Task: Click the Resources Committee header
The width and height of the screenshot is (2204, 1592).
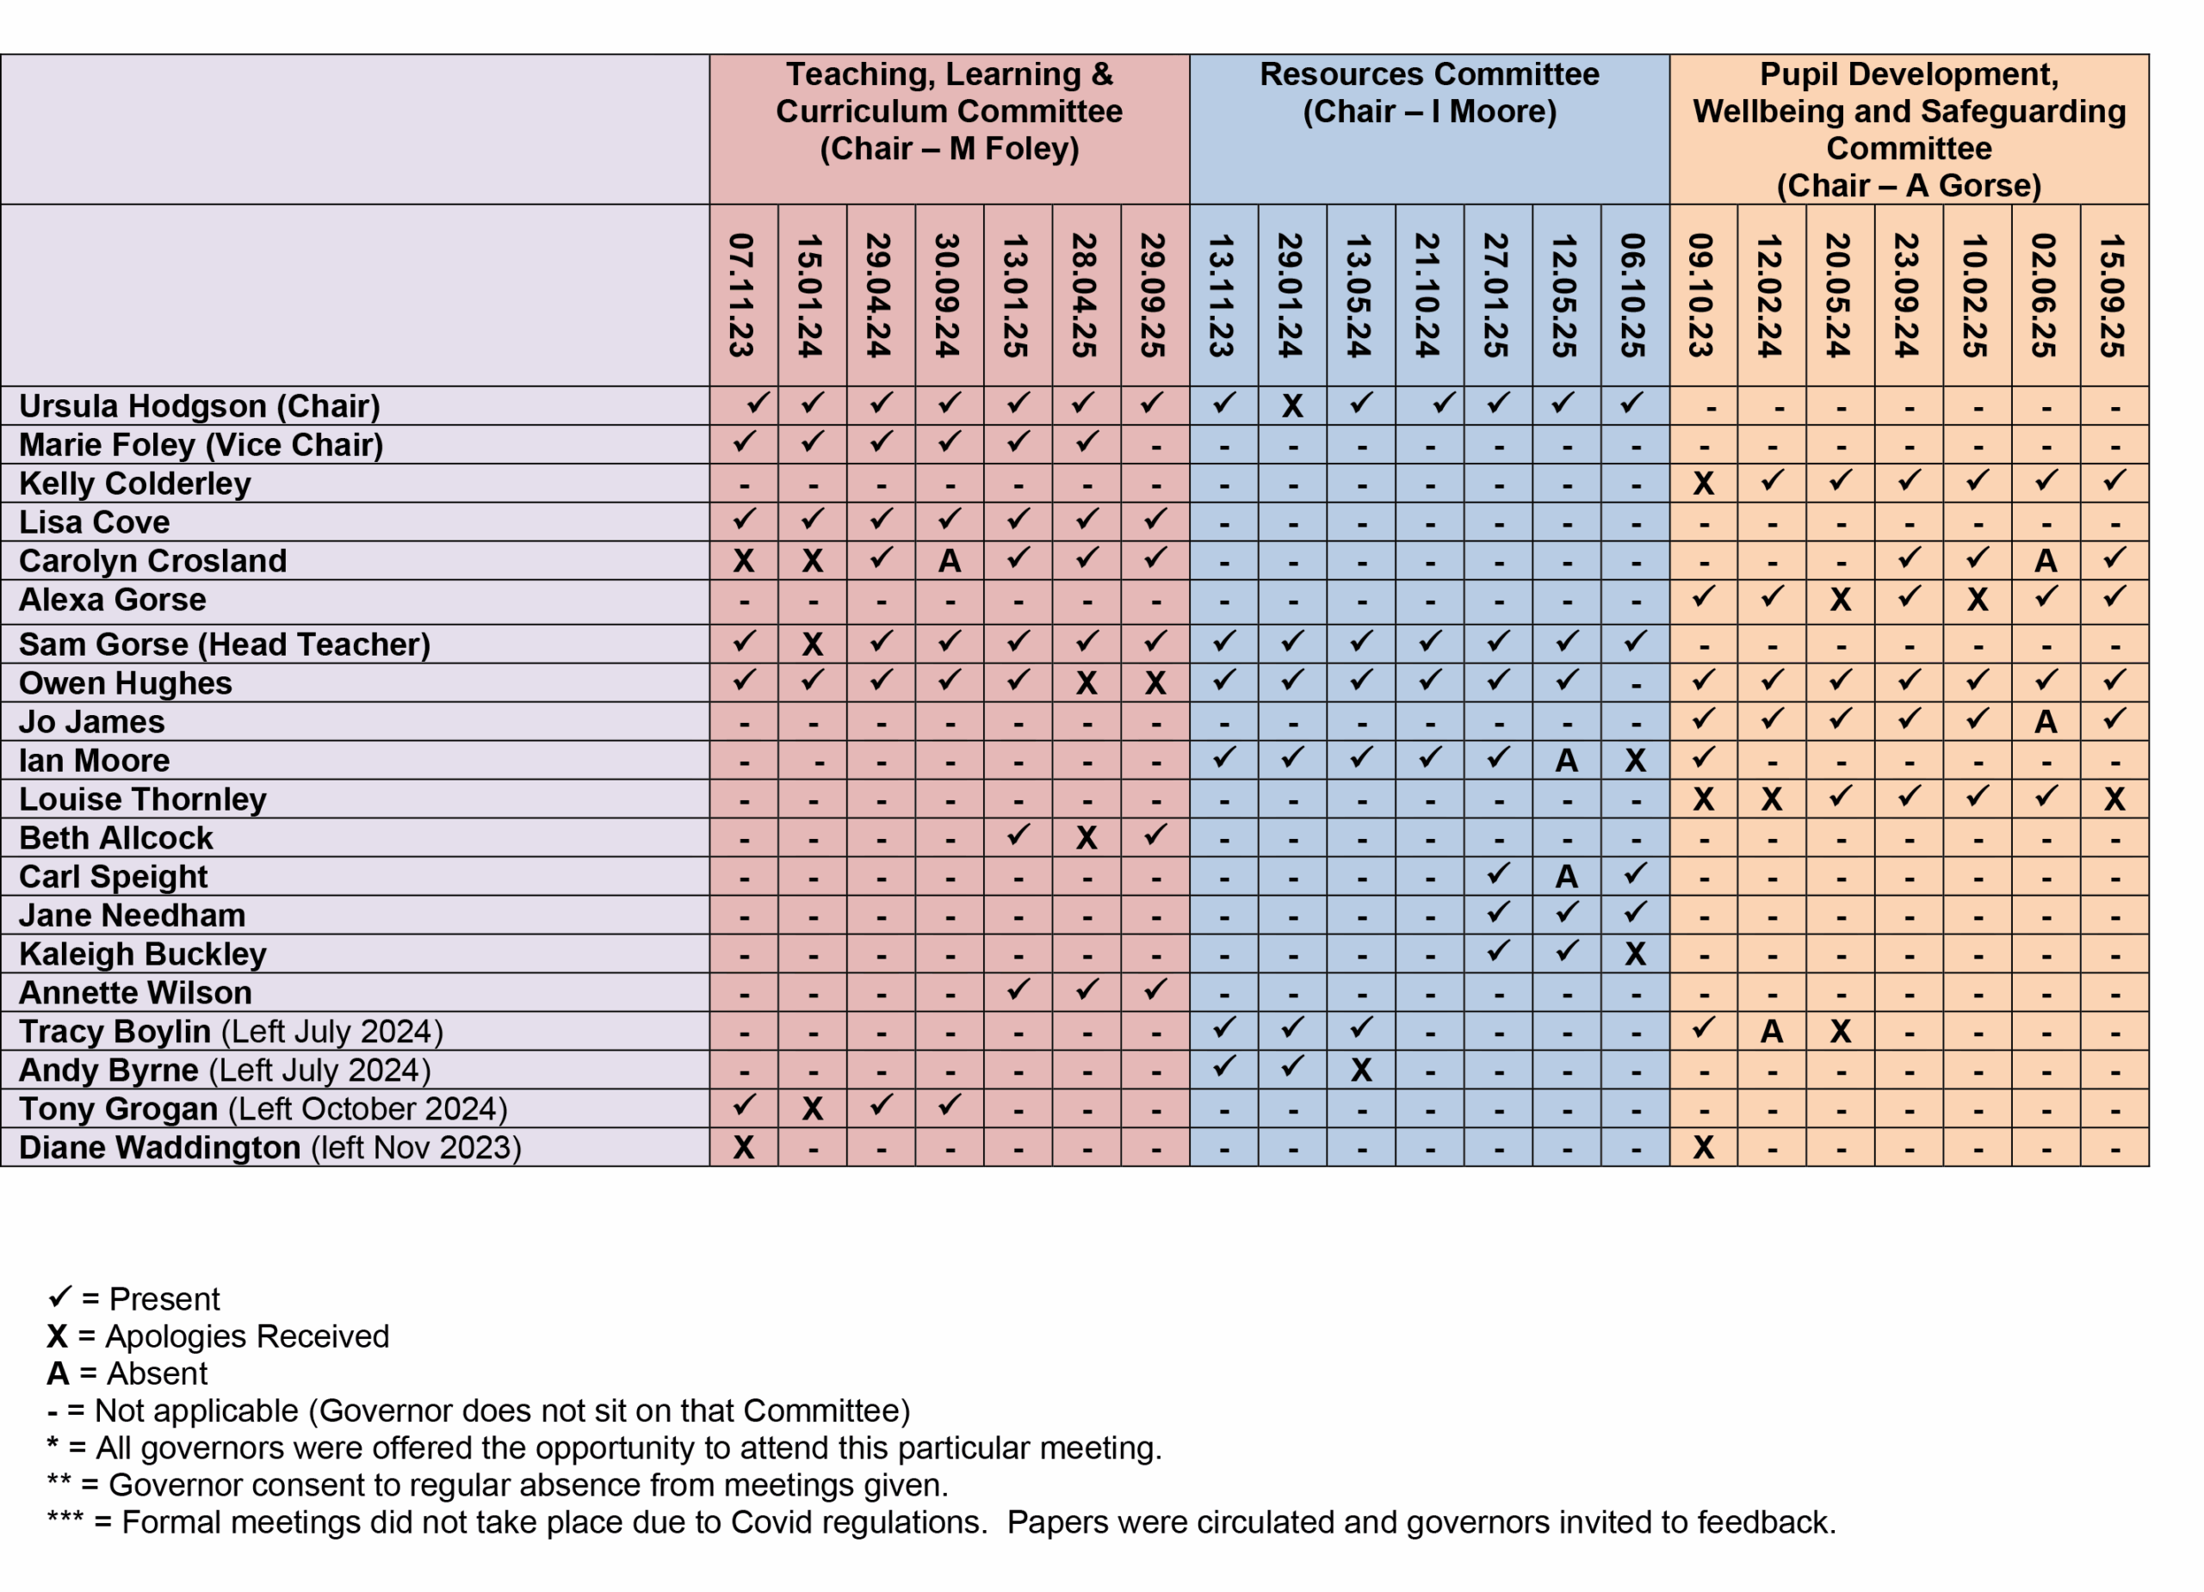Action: pyautogui.click(x=1428, y=93)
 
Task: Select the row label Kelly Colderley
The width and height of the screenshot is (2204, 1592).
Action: pyautogui.click(x=135, y=484)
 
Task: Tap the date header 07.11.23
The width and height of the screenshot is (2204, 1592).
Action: pyautogui.click(x=742, y=295)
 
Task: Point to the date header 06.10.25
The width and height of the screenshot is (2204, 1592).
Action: pyautogui.click(x=1635, y=295)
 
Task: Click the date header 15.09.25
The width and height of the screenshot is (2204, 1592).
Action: pyautogui.click(x=2114, y=295)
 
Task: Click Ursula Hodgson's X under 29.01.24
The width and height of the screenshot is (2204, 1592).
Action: pyautogui.click(x=1291, y=406)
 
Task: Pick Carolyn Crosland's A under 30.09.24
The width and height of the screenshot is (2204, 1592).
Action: pyautogui.click(x=950, y=561)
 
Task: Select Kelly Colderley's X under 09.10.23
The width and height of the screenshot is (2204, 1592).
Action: pyautogui.click(x=1703, y=484)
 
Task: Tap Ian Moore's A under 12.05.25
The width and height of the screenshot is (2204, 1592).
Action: pyautogui.click(x=1567, y=761)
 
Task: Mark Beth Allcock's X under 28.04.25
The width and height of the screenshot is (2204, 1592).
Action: pyautogui.click(x=1087, y=838)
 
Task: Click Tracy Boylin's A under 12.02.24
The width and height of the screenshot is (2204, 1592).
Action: pyautogui.click(x=1772, y=1032)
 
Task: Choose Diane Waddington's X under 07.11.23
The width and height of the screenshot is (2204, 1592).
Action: pyautogui.click(x=743, y=1148)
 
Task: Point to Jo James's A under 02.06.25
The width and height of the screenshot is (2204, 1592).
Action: pyautogui.click(x=2046, y=722)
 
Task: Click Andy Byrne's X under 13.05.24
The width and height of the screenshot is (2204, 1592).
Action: pyautogui.click(x=1360, y=1071)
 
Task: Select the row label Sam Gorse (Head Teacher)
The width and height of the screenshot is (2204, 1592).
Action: pyautogui.click(x=225, y=645)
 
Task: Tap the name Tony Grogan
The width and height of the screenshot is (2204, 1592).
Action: pyautogui.click(x=118, y=1109)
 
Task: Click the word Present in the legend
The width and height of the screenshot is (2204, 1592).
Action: pyautogui.click(x=164, y=1299)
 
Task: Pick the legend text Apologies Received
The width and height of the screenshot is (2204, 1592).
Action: pyautogui.click(x=247, y=1336)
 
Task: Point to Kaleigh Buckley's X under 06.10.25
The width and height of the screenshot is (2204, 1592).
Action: pyautogui.click(x=1635, y=953)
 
